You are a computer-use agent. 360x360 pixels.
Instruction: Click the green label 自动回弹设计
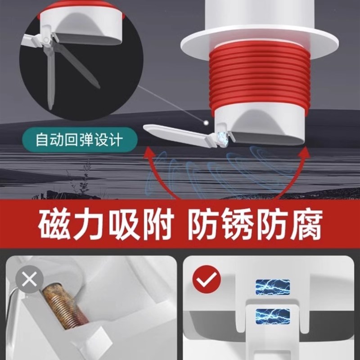[79, 139]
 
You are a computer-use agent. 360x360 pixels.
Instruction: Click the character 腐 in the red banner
[306, 227]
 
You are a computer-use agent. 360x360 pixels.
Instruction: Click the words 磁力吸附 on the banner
[106, 227]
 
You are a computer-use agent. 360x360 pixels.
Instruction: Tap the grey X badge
[30, 280]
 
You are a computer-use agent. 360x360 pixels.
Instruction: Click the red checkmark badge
[207, 280]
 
